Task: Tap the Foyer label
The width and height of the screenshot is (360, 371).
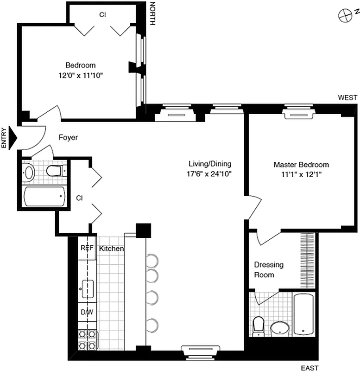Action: pos(68,138)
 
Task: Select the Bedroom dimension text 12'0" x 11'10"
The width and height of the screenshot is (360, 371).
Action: pos(80,75)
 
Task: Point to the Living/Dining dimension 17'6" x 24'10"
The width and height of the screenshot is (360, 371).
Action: pos(209,174)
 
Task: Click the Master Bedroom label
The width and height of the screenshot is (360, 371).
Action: pos(301,165)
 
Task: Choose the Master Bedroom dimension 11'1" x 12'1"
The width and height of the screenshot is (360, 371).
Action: pos(301,175)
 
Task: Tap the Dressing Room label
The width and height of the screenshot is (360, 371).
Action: pos(268,270)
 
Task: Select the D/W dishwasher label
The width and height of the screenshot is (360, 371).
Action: pos(87,312)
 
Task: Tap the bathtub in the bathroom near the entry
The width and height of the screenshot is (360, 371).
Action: pos(44,196)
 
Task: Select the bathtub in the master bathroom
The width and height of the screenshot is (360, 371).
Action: pos(304,314)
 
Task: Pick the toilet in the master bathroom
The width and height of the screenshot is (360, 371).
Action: pos(258,325)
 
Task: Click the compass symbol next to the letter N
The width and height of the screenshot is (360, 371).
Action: pos(344,16)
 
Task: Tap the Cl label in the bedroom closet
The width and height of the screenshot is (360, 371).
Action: pos(102,14)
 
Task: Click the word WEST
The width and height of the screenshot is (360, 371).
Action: pos(347,97)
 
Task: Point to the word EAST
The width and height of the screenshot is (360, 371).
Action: pos(309,368)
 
